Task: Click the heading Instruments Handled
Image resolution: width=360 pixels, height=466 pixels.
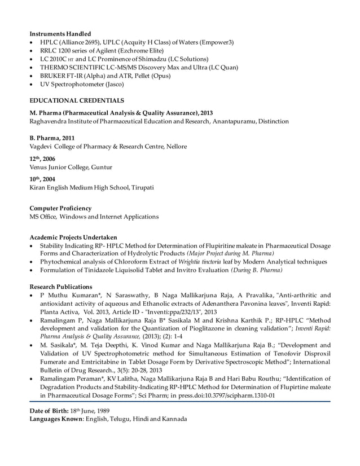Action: point(60,34)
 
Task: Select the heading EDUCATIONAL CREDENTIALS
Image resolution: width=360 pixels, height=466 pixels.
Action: point(77,100)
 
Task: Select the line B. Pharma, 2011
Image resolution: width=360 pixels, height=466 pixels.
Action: point(52,138)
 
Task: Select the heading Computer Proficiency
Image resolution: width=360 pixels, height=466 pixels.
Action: point(60,208)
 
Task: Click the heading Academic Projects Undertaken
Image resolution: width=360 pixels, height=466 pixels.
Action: point(73,238)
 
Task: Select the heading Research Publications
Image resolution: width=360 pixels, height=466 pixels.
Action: point(61,286)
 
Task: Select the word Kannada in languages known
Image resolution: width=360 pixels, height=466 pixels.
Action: point(172,419)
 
